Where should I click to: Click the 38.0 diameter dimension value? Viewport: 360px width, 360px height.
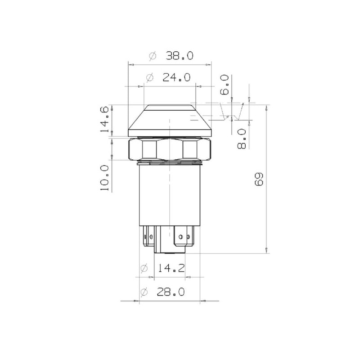click(180, 55)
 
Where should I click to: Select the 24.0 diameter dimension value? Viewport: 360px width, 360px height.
click(176, 77)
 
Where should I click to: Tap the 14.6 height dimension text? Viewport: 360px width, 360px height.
click(104, 119)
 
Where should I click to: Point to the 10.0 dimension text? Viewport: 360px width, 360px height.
click(104, 178)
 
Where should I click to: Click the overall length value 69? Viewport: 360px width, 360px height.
click(259, 179)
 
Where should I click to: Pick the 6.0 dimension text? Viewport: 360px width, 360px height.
click(225, 85)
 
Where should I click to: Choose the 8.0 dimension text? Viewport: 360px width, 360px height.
click(242, 139)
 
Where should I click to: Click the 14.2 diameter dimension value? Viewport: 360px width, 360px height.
click(171, 268)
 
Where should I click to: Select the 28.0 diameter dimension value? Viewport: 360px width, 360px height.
click(171, 292)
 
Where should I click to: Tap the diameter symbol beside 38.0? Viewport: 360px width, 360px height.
click(153, 56)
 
